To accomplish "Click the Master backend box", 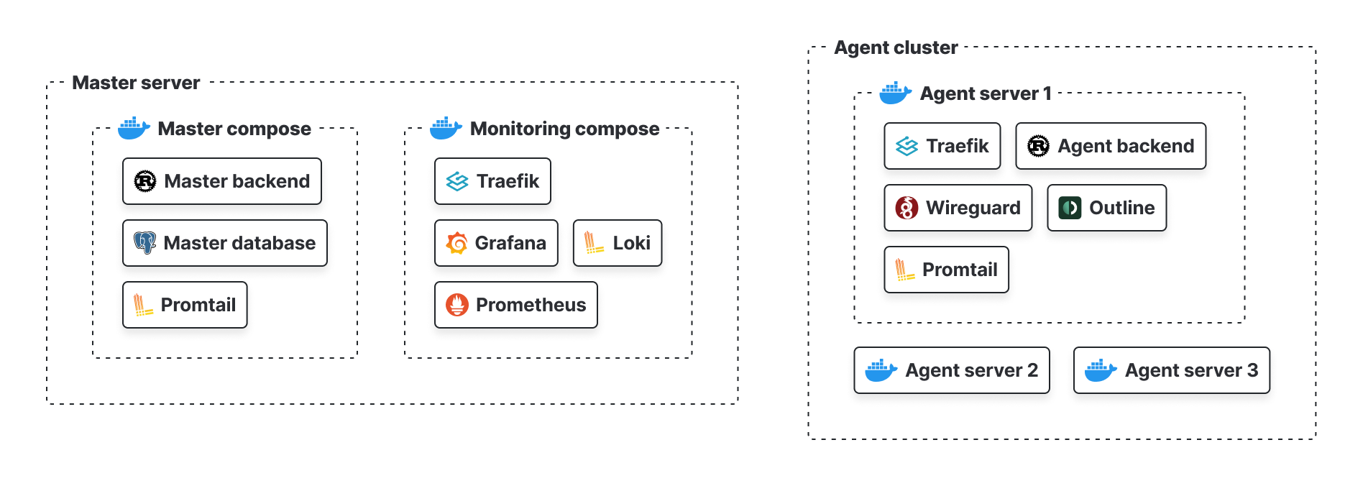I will click(221, 181).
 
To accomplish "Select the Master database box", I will click(224, 243).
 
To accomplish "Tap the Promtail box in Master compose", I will click(185, 305).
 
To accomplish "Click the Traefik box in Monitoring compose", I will click(492, 181).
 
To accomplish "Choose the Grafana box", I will click(496, 243).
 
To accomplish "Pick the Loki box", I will click(617, 243).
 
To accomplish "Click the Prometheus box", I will click(515, 305).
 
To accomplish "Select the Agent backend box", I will click(1110, 146).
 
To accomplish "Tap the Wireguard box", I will click(958, 208).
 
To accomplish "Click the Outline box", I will click(1106, 208).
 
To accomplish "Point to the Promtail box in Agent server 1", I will click(946, 270).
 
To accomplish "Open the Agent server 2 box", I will click(951, 370).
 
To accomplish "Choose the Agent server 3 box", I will click(1171, 370).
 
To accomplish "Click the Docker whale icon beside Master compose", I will click(134, 128).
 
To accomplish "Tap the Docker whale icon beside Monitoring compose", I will click(446, 128).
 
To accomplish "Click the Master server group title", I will click(136, 83).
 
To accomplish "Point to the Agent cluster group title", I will click(896, 47).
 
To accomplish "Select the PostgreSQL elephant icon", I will click(144, 243).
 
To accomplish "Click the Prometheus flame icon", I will click(457, 305).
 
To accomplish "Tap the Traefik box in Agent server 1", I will click(942, 146).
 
